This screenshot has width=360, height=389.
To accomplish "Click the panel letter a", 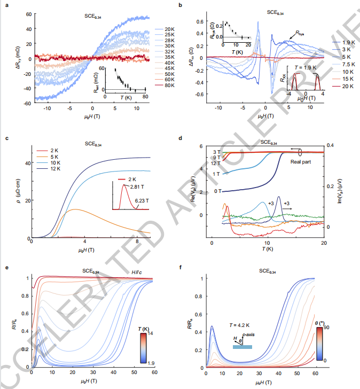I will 6,5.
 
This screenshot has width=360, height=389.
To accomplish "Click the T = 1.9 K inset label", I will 306,68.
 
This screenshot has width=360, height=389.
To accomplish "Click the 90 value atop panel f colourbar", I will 329,325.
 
